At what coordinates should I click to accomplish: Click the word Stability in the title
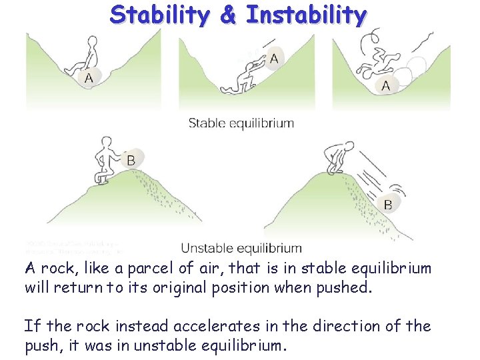(161, 15)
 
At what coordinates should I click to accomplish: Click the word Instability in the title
(306, 15)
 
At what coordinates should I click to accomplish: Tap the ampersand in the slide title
(228, 15)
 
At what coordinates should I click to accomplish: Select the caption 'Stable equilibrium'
(241, 123)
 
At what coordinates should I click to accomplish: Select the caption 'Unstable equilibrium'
(241, 248)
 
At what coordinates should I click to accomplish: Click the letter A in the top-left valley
(89, 78)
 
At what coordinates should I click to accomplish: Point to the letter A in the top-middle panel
(274, 59)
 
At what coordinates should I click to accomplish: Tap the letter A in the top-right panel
(386, 85)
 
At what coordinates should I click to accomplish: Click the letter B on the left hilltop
(131, 160)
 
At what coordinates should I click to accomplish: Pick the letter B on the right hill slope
(388, 204)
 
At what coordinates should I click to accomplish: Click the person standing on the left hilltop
(106, 160)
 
